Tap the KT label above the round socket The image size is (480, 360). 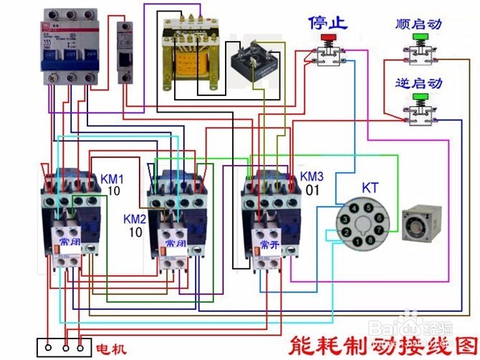[x=370, y=186]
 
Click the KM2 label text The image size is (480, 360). [x=135, y=219]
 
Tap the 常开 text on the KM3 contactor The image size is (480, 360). [x=269, y=244]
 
